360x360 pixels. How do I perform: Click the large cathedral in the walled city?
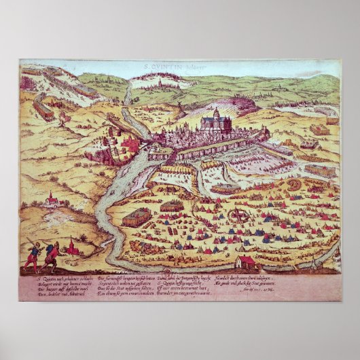coord(216,122)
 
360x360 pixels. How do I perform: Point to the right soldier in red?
coord(50,259)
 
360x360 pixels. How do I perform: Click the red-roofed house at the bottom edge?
coord(247,262)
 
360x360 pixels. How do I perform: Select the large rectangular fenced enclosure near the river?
coord(138,217)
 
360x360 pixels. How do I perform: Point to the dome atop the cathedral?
coord(216,111)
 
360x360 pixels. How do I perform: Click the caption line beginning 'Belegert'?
coord(52,283)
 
